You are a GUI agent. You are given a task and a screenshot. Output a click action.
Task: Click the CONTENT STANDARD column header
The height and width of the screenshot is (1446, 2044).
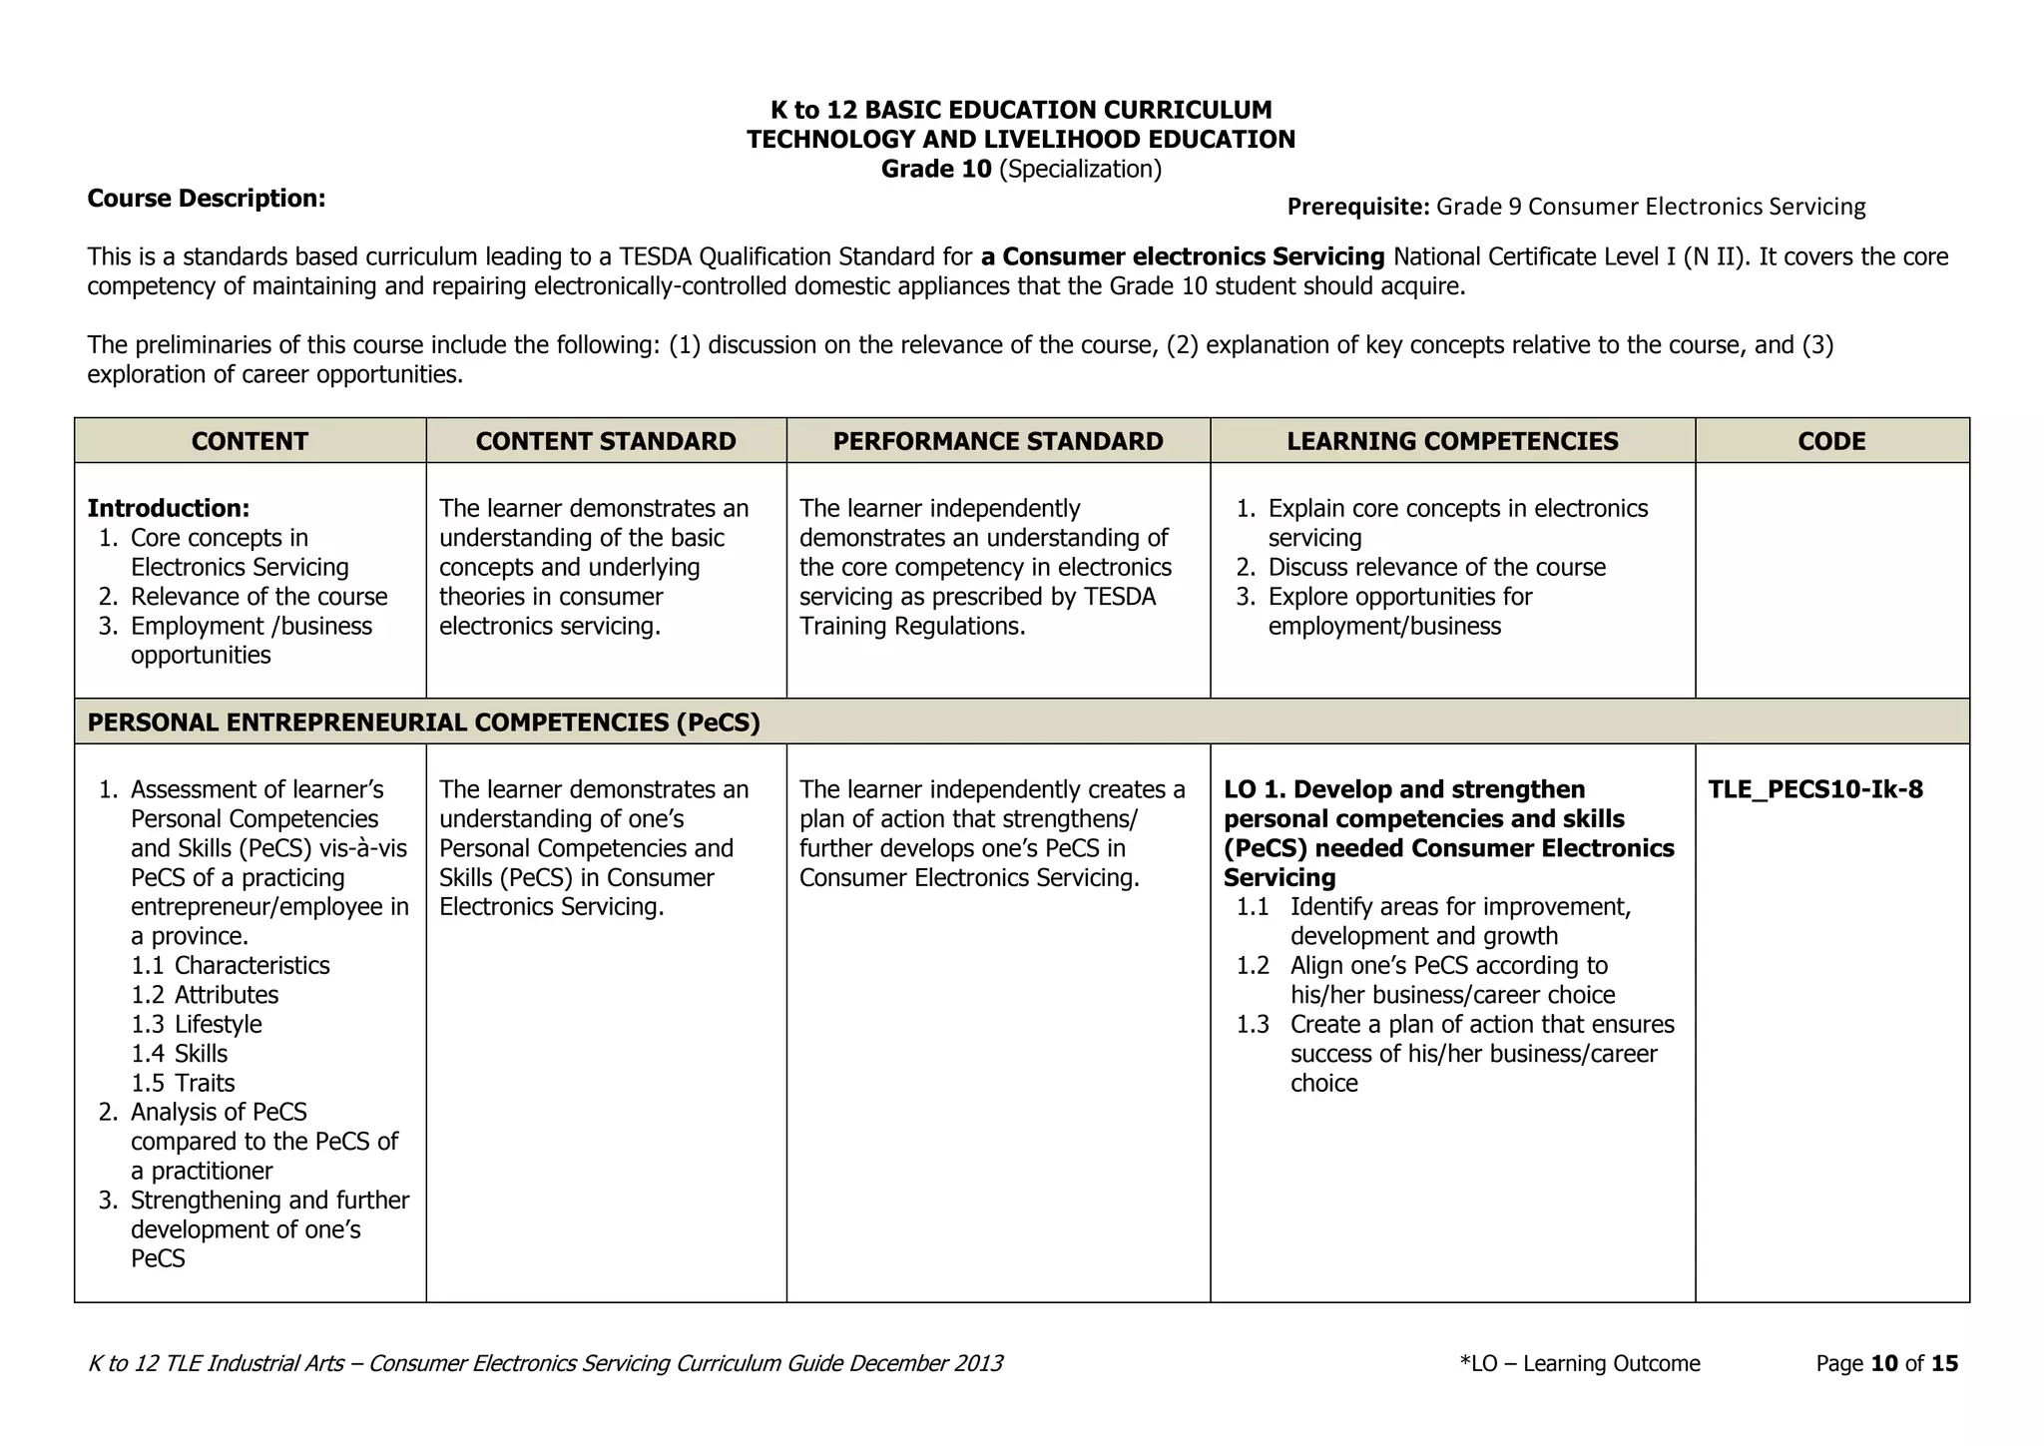605,441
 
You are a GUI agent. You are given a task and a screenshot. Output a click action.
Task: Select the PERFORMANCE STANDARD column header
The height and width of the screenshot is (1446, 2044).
997,441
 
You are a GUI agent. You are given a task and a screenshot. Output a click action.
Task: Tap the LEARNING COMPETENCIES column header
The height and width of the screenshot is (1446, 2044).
1451,441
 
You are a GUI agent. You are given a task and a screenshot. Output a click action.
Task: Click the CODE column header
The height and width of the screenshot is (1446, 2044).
1831,441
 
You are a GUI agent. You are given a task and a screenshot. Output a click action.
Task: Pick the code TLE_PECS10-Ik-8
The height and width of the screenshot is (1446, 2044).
1814,790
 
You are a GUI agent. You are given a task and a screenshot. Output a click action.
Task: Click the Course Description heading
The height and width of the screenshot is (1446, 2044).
207,199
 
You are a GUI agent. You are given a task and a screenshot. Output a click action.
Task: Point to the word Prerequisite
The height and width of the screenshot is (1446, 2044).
1357,207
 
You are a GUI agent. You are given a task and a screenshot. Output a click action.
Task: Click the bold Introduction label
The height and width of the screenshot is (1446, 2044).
168,509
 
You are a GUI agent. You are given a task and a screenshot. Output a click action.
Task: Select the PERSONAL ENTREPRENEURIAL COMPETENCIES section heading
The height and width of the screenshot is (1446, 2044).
423,723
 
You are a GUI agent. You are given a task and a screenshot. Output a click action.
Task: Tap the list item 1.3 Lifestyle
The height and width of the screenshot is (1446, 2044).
197,1025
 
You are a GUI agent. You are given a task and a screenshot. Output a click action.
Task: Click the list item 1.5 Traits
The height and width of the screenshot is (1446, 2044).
183,1084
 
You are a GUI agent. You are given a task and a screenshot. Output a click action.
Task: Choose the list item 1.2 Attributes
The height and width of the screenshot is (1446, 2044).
205,995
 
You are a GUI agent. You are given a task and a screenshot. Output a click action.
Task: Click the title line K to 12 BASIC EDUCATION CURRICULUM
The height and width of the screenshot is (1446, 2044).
1021,110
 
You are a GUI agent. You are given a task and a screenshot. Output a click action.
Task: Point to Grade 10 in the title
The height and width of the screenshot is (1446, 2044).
935,170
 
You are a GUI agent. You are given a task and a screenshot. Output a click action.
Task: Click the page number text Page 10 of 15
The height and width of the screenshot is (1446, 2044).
1886,1364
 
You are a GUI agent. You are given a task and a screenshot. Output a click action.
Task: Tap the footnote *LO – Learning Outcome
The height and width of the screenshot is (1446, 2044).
1579,1364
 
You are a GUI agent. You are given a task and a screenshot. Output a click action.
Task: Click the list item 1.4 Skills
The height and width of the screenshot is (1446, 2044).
180,1054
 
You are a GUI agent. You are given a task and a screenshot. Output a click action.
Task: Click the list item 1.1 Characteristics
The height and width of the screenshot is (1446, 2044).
230,966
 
